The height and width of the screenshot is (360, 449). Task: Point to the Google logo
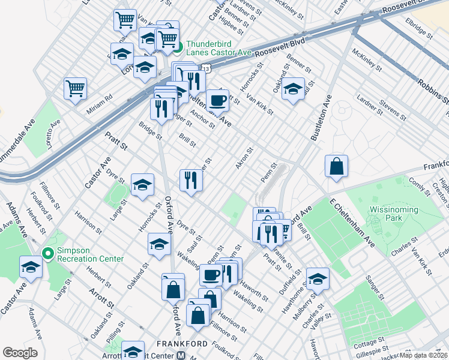20,353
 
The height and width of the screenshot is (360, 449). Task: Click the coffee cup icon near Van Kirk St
217,100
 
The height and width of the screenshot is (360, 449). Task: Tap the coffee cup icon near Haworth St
211,275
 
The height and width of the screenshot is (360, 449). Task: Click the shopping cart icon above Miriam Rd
76,88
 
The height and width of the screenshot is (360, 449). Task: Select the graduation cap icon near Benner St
293,89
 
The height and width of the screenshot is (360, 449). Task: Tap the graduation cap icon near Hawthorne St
318,278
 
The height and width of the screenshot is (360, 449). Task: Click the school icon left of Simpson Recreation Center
30,267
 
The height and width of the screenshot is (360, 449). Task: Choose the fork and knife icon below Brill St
190,180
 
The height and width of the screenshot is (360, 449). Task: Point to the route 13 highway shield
206,70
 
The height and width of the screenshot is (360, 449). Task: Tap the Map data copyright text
424,355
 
